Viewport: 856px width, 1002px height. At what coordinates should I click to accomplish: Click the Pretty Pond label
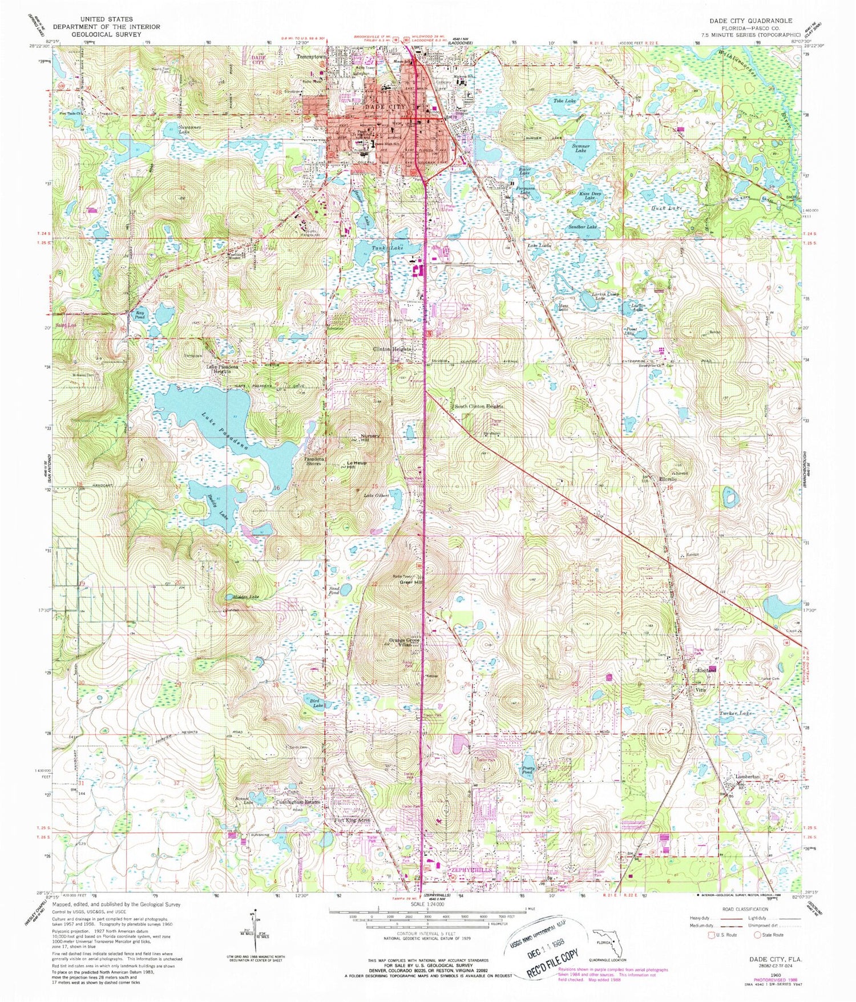(528, 770)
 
